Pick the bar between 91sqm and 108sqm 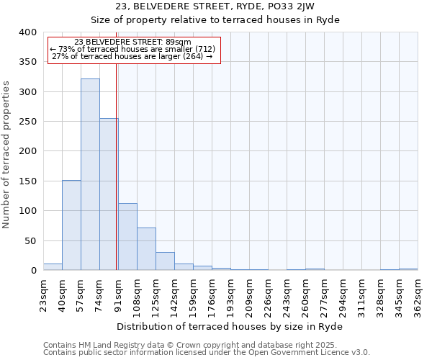point(127,237)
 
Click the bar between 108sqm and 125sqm point(146,249)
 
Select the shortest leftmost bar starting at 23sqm point(53,267)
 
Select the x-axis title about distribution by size point(230,326)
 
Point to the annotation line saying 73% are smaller point(132,49)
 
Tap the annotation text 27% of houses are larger point(132,56)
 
